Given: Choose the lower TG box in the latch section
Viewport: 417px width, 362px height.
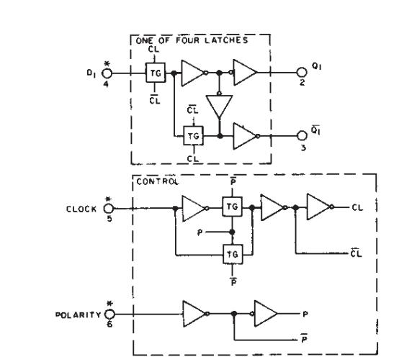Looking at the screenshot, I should [x=192, y=134].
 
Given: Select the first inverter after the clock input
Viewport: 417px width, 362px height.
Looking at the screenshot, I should [x=194, y=208].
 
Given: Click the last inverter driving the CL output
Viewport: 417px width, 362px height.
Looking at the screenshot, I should [x=318, y=208].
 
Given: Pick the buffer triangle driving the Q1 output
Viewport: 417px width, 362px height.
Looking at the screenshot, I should [x=245, y=72].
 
